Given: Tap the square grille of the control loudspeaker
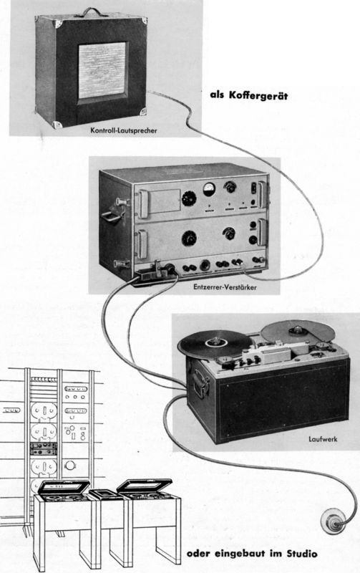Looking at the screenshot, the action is pos(102,70).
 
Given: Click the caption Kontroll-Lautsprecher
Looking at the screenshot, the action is pos(124,130).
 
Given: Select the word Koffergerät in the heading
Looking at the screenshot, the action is pos(258,95).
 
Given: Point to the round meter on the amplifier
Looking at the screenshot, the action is pos(209,189).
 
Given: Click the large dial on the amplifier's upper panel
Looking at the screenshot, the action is pos(189,198).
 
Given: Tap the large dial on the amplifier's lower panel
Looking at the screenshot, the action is pos(189,239).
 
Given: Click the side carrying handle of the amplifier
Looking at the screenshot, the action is pos(112,216).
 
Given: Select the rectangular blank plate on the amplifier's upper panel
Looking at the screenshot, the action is pos(165,201).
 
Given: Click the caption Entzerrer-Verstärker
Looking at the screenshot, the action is pos(225,287).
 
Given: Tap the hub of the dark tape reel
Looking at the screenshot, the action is pos(215,343).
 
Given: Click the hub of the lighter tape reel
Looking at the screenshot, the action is pos(296,331).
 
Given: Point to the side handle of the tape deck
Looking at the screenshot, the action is pos(201,382).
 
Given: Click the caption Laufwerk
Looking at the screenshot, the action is pos(323,439).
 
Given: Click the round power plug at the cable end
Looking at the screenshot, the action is pos(333,523).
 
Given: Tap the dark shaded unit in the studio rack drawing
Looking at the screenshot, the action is pos(44,448).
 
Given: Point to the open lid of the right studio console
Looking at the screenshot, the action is pos(145,486).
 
